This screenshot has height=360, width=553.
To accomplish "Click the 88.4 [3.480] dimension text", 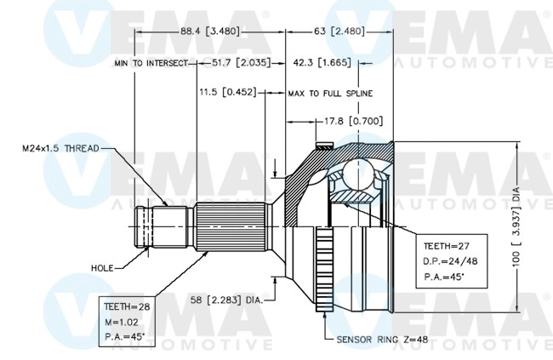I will pyautogui.click(x=210, y=31).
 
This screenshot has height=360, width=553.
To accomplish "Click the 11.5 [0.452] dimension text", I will pyautogui.click(x=228, y=92).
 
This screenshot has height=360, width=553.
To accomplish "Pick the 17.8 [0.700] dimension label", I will pyautogui.click(x=339, y=121).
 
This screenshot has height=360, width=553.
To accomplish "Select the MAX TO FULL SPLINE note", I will pyautogui.click(x=330, y=93).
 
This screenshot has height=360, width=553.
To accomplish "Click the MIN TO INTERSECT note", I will pyautogui.click(x=152, y=63).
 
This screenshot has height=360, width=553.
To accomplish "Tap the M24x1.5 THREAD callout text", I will pyautogui.click(x=56, y=148).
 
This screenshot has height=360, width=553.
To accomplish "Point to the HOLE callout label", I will pyautogui.click(x=101, y=267).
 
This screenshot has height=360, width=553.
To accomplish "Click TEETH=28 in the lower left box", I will pyautogui.click(x=125, y=306).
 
